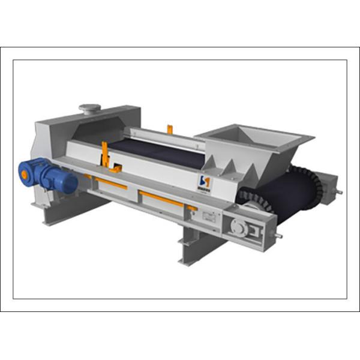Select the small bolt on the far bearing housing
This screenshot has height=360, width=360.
click(x=339, y=193)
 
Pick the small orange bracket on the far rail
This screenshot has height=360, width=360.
click(x=170, y=128)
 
